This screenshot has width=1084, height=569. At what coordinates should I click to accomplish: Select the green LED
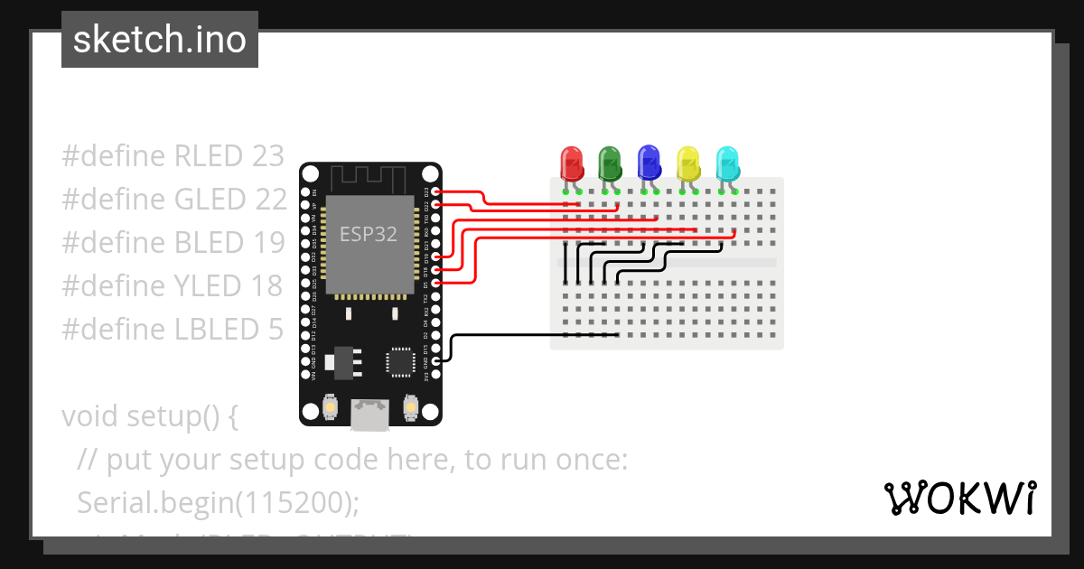[x=610, y=164]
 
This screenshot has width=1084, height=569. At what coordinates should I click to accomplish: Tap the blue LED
[x=649, y=163]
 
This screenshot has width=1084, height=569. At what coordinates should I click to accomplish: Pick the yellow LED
[x=688, y=164]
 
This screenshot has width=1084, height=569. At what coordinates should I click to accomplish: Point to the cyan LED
[x=727, y=164]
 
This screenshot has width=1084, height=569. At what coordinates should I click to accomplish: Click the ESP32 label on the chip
[x=368, y=234]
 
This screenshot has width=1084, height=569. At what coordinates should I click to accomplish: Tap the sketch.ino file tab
[x=160, y=40]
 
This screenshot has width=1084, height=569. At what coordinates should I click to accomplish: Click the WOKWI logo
[x=959, y=498]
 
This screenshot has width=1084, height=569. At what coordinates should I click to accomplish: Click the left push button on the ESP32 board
[x=331, y=408]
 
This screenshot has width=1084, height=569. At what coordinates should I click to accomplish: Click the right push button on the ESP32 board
[x=410, y=408]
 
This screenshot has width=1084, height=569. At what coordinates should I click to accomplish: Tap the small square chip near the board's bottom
[x=399, y=361]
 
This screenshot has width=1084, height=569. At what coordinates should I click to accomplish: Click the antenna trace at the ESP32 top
[x=370, y=177]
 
